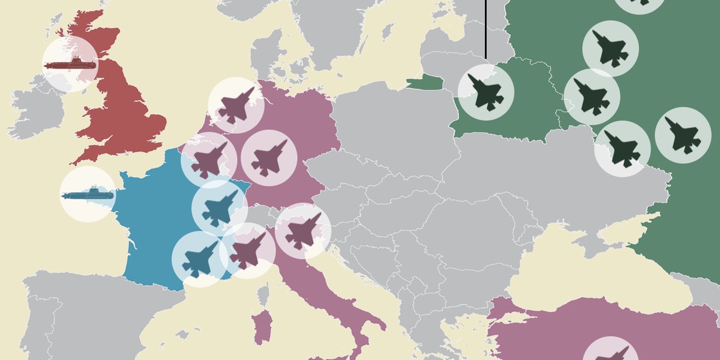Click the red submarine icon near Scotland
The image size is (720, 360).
coord(70,64)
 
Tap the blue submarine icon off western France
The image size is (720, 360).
coord(88,194)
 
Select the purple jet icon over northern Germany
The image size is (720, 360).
coord(236,105)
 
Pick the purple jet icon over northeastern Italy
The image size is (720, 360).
coord(303,231)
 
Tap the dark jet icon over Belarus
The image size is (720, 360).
coord(485,92)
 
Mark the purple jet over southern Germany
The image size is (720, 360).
coord(269,158)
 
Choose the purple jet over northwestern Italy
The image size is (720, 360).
coord(248,251)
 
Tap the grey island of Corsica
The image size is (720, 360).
coord(262,294)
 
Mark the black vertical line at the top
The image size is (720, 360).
coord(485,30)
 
